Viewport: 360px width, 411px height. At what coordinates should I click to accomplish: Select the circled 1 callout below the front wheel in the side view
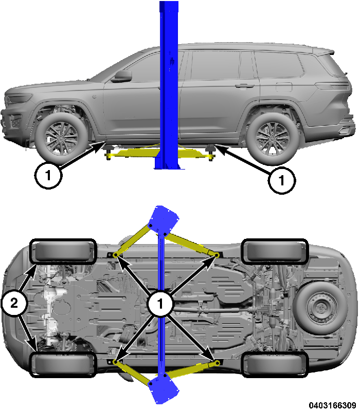pyautogui.click(x=48, y=176)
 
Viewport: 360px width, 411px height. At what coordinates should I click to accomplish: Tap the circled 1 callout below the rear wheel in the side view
pyautogui.click(x=282, y=180)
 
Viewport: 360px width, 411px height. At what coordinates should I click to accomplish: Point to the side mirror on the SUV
pyautogui.click(x=122, y=77)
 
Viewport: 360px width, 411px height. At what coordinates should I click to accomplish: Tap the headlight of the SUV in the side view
pyautogui.click(x=19, y=99)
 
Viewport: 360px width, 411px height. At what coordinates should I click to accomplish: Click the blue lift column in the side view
pyautogui.click(x=168, y=82)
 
